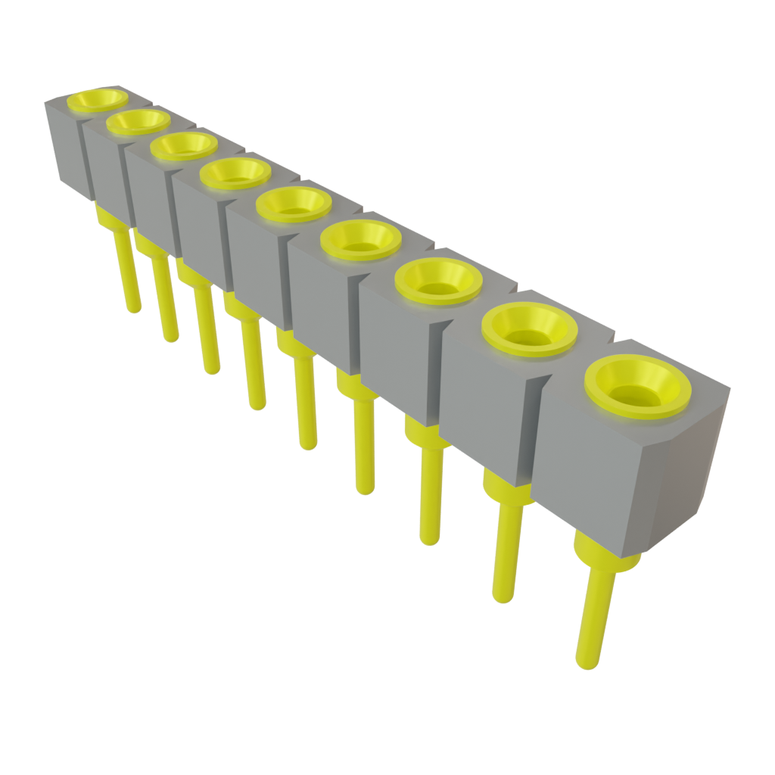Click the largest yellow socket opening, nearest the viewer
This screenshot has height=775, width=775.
click(642, 387)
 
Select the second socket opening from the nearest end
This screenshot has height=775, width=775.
click(530, 328)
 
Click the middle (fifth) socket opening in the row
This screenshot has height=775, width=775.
click(294, 203)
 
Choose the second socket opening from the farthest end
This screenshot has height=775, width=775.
click(138, 121)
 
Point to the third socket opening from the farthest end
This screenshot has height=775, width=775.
click(184, 145)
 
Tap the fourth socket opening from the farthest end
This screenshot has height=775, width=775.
click(235, 173)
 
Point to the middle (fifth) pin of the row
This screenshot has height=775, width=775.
click(305, 401)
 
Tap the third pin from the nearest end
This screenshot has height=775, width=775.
click(430, 492)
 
